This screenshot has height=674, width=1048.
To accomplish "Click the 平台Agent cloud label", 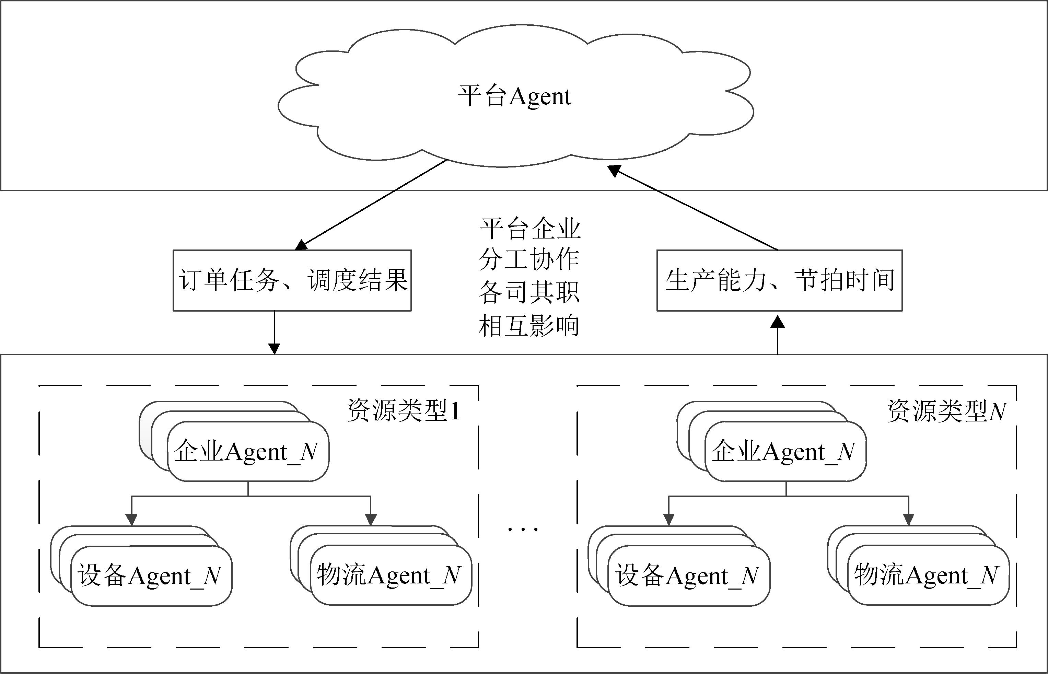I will pos(515,96).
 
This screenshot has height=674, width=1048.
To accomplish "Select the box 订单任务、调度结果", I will pos(292,280).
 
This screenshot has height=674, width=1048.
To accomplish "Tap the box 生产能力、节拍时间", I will pos(779,280).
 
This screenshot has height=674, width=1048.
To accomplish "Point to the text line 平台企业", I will pos(530,229).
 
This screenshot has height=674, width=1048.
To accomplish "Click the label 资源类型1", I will pos(404,411).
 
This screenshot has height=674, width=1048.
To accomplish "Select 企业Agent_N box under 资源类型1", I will pos(248,452).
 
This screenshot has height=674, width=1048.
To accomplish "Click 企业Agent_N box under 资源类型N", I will pos(785,452).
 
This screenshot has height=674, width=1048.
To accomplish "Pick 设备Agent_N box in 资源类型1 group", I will pos(151,576).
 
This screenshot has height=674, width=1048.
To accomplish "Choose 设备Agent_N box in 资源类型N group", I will pos(689,576).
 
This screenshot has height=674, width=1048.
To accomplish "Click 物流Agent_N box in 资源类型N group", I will pos(928,575).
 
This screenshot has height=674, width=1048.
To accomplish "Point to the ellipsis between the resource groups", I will pos(523,530).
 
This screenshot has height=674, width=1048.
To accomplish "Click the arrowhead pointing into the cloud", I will pos(614,171).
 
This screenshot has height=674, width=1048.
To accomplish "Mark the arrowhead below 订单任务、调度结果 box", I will pos(274,349).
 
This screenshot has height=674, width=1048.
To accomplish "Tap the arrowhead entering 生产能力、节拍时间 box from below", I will pos(778,322).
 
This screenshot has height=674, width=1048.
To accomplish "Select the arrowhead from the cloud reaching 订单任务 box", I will pos(301,245).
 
